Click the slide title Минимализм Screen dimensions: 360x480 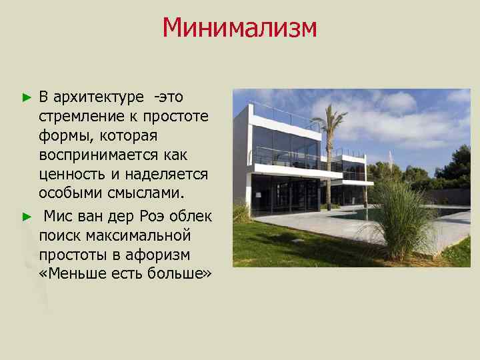tap(239, 28)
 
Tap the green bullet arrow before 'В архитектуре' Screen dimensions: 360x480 tap(27, 97)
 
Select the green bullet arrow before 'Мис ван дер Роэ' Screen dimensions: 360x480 tap(27, 216)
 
